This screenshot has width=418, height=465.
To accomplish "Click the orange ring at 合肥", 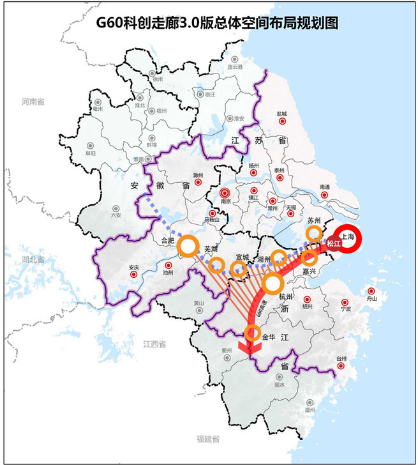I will coord(189,246).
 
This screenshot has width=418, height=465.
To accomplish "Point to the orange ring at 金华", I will coord(252,333).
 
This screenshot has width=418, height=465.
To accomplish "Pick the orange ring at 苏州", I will coord(314,234).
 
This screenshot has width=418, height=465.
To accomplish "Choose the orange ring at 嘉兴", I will coord(310,258).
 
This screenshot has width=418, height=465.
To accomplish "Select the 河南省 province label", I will coord(32,102).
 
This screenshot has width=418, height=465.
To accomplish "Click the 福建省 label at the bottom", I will coord(208,439).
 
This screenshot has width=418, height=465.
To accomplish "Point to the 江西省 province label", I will coord(154,344).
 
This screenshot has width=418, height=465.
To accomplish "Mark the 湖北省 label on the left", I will coord(32,260).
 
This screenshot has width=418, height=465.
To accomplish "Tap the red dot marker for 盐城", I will coord(281,121).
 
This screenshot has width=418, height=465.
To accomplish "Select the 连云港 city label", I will coord(235,67).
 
